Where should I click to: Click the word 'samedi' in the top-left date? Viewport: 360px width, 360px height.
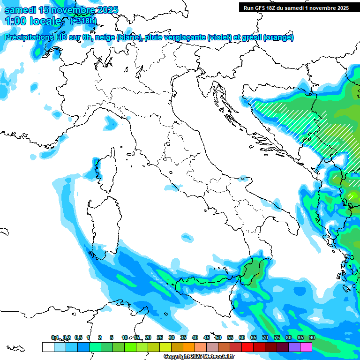tap(18, 10)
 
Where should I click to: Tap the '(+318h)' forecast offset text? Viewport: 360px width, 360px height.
tap(83, 20)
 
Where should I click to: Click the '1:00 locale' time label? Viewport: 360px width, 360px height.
tap(33, 21)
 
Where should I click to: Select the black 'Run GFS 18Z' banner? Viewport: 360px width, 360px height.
tap(296, 7)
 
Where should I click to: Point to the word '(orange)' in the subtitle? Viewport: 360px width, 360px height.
tap(278, 37)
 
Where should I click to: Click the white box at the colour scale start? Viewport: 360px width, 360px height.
tap(48, 347)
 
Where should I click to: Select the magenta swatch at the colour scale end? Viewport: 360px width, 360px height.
tap(306, 347)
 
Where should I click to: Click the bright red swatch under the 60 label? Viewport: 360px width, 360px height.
tap(247, 347)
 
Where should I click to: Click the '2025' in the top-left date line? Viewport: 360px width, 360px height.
tap(106, 10)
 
